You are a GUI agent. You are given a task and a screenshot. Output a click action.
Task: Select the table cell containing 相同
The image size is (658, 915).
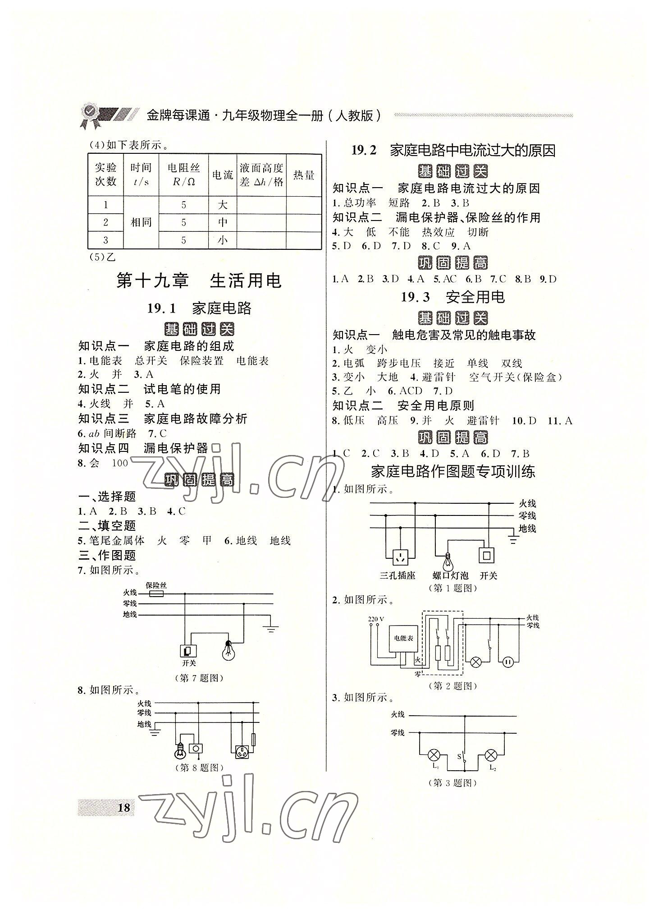(141, 222)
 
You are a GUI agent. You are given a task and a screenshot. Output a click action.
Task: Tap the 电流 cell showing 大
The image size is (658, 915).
(222, 205)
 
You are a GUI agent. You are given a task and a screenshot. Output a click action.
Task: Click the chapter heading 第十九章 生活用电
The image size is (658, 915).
(199, 280)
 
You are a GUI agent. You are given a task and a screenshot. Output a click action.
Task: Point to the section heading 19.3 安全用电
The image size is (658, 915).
(452, 297)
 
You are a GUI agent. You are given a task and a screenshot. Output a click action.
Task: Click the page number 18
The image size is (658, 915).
(123, 807)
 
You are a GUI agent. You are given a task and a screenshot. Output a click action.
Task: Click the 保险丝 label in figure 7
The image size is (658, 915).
(156, 585)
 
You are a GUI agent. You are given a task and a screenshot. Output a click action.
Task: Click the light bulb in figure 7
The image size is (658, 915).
(228, 650)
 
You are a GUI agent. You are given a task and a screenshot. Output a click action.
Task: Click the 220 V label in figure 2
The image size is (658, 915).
(376, 618)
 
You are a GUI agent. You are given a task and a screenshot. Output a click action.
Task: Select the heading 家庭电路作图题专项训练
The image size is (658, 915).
(452, 472)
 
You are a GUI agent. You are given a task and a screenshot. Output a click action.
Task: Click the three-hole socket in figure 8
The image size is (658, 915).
(242, 751)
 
